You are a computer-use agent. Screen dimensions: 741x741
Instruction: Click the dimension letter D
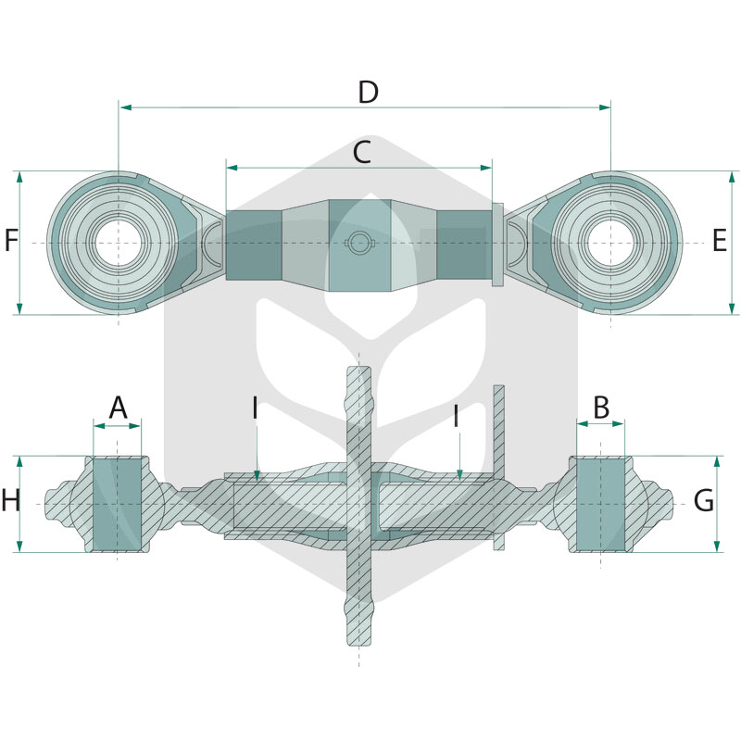368,92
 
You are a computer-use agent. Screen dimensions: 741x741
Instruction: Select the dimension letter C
362,152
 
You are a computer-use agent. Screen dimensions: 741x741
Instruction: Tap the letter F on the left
10,240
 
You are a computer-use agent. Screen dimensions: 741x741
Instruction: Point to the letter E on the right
720,240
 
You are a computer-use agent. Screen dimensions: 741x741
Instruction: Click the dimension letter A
118,408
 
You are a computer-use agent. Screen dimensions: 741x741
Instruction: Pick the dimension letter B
601,408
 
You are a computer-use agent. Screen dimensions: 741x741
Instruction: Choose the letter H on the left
11,500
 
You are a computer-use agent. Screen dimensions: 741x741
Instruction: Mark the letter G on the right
704,500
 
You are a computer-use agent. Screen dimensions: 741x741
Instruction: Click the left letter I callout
256,408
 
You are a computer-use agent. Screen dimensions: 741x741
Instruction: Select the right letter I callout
456,416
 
